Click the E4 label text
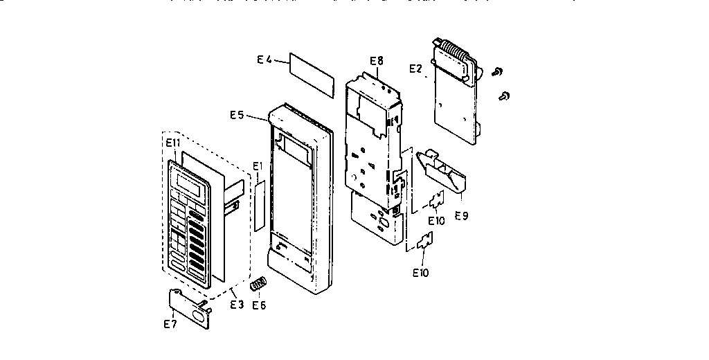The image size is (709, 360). [264, 61]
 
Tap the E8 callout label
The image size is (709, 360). [376, 62]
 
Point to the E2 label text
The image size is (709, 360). [415, 69]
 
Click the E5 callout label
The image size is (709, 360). [237, 115]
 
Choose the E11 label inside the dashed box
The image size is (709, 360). [173, 143]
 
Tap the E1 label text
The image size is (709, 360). [258, 166]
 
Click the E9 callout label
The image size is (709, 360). [461, 215]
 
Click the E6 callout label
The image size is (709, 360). [259, 305]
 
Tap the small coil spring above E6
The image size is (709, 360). [258, 284]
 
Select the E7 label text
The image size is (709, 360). [170, 323]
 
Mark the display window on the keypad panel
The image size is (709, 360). [190, 185]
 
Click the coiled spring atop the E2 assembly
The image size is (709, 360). [454, 52]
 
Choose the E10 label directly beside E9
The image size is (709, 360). [436, 220]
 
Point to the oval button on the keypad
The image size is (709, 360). [178, 265]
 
